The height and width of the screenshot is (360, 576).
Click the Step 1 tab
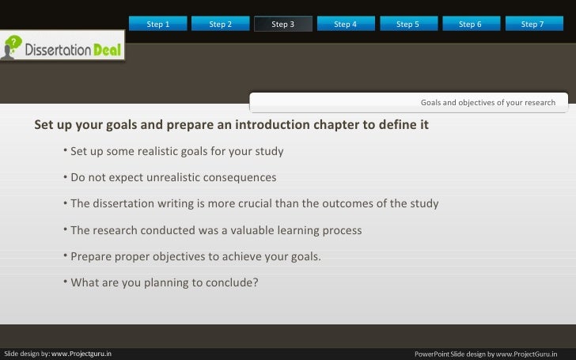pyautogui.click(x=158, y=25)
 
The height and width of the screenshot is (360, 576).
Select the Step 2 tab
pyautogui.click(x=221, y=25)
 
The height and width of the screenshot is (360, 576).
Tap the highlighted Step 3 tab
pyautogui.click(x=282, y=25)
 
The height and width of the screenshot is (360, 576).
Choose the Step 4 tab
pyautogui.click(x=345, y=25)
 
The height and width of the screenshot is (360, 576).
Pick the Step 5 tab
pyautogui.click(x=407, y=25)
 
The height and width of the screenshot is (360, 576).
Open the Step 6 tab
pyautogui.click(x=470, y=25)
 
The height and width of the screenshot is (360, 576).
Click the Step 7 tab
pyautogui.click(x=532, y=25)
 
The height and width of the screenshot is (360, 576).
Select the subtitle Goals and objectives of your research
pyautogui.click(x=487, y=103)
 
